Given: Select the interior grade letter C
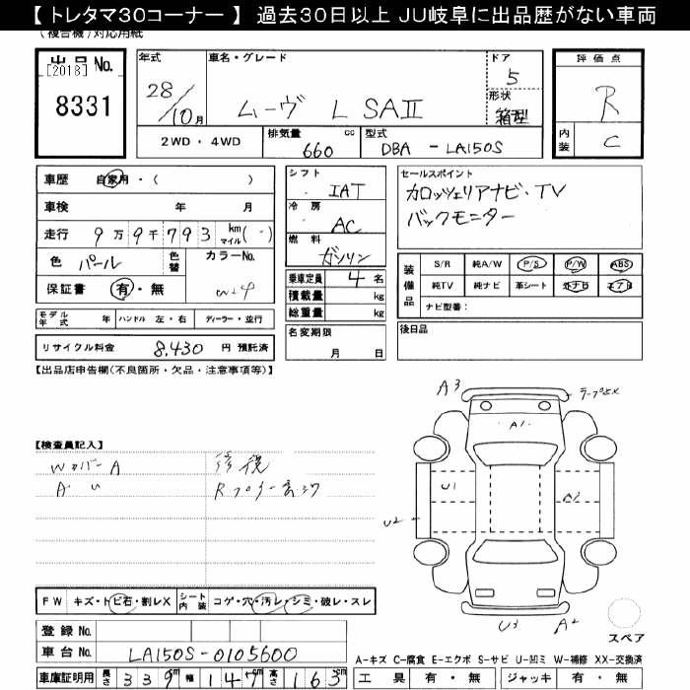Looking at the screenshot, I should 611,141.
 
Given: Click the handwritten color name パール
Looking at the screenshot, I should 99,262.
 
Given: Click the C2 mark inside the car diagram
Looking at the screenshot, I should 569,496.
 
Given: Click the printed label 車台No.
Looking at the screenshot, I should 66,652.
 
